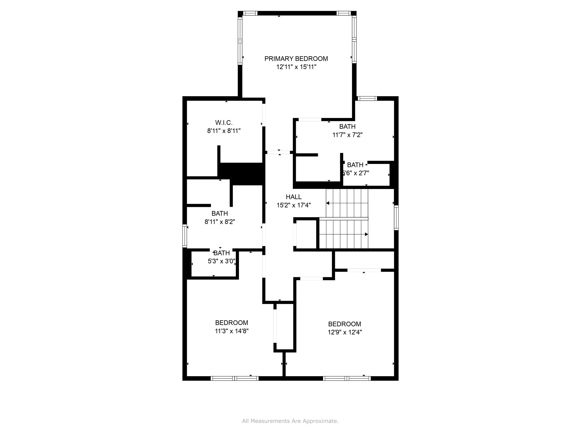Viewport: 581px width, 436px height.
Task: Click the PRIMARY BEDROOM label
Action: pos(296,59)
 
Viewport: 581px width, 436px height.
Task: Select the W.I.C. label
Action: pos(224,122)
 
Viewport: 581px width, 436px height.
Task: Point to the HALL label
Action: pos(294,197)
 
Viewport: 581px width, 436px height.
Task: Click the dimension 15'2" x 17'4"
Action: pos(294,205)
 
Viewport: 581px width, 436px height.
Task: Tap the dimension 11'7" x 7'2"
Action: pos(347,135)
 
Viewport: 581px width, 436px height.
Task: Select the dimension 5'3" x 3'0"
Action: pos(221,261)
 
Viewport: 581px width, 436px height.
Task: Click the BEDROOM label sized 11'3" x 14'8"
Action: pos(231,323)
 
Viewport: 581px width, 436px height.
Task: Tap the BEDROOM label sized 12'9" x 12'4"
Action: pos(344,324)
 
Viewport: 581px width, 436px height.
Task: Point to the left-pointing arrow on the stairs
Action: pos(328,203)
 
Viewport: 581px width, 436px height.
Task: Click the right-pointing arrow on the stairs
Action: pos(366,234)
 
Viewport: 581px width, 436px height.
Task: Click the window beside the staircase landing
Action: pos(396,218)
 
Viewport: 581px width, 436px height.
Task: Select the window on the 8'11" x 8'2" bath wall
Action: pos(185,236)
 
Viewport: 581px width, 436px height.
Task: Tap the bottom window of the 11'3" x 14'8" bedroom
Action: pos(234,378)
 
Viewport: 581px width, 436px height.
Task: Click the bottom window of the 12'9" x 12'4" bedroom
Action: pos(347,378)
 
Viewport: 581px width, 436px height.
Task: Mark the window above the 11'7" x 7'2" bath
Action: pos(367,99)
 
